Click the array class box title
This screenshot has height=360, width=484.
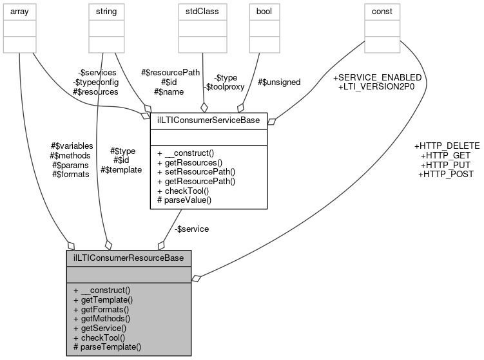pyautogui.click(x=20, y=11)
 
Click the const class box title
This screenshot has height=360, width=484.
pyautogui.click(x=382, y=11)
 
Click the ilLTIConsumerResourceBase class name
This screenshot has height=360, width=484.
pyautogui.click(x=128, y=258)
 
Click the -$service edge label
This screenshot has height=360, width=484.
pyautogui.click(x=191, y=229)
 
